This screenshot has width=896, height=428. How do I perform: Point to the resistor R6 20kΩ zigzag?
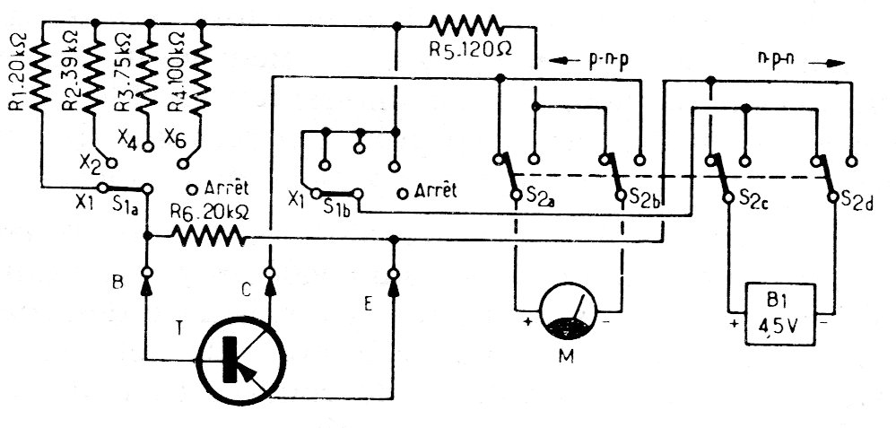(209, 236)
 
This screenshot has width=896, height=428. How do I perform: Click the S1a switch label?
(126, 205)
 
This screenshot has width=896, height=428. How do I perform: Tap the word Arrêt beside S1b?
(436, 191)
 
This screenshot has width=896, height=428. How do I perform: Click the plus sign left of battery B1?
(735, 319)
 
